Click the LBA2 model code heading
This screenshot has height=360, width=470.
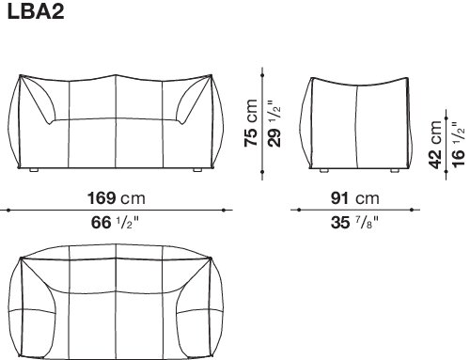click(36, 12)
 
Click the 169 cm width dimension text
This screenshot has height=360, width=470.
click(117, 198)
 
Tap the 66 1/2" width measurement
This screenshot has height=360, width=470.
click(115, 223)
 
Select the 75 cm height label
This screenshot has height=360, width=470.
click(251, 123)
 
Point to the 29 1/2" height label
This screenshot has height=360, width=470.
click(274, 123)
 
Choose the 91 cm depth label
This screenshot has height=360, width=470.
click(355, 198)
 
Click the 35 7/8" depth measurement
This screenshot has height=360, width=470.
click(354, 223)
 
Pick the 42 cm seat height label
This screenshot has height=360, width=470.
click(435, 145)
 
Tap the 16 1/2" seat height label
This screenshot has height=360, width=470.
click(458, 145)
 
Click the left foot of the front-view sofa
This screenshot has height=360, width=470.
click(34, 170)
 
